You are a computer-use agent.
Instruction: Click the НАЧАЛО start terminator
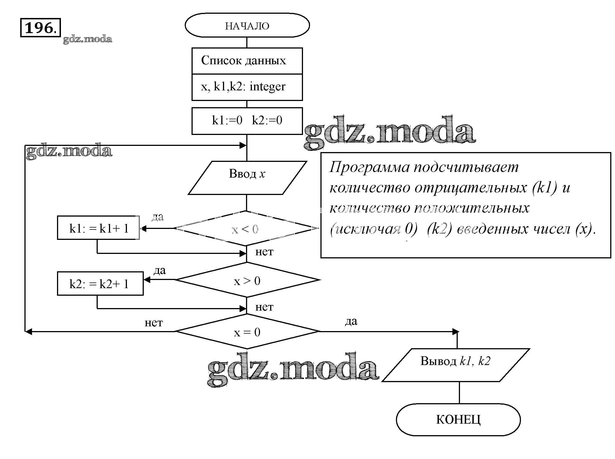click(247, 26)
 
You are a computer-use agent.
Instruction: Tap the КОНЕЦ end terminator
click(458, 420)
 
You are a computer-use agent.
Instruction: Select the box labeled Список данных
click(247, 61)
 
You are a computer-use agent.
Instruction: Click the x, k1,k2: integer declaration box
click(247, 87)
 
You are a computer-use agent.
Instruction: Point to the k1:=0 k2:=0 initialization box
click(247, 121)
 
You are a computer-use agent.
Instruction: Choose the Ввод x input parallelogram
click(247, 178)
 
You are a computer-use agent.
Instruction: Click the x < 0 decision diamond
click(247, 229)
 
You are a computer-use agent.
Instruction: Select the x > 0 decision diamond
click(247, 280)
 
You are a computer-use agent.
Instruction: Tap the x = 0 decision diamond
click(247, 332)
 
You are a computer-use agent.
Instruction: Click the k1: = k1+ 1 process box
click(98, 228)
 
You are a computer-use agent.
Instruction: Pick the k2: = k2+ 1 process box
click(100, 283)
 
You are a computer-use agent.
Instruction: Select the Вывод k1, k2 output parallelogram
click(455, 364)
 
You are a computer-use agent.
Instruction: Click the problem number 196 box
click(40, 27)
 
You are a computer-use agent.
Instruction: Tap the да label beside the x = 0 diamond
click(351, 321)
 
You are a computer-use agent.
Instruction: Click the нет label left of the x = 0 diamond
click(154, 323)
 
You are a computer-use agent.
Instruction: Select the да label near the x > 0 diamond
click(160, 270)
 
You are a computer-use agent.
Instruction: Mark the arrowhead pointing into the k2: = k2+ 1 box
click(147, 280)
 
